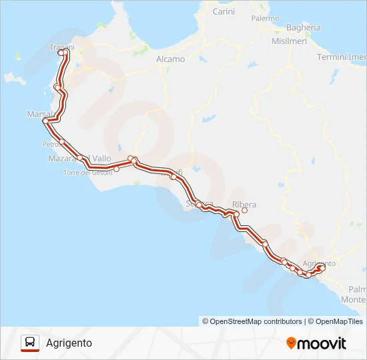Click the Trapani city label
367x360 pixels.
click(61, 47)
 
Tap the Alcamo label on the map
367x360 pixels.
click(170, 59)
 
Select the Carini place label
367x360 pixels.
click(224, 12)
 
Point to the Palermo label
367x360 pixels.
click(265, 19)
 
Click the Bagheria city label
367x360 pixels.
click(303, 28)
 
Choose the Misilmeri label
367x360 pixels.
click(289, 41)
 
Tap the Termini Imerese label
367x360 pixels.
click(342, 57)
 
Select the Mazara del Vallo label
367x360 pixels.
click(80, 159)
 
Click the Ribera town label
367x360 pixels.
click(244, 205)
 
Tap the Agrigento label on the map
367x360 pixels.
click(319, 263)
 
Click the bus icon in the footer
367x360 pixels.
click(30, 343)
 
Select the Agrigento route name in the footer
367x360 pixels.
click(69, 343)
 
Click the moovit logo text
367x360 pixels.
click(322, 343)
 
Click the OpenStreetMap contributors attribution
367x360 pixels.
click(252, 321)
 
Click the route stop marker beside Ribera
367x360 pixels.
click(244, 211)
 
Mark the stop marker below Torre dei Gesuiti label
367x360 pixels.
click(116, 169)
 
